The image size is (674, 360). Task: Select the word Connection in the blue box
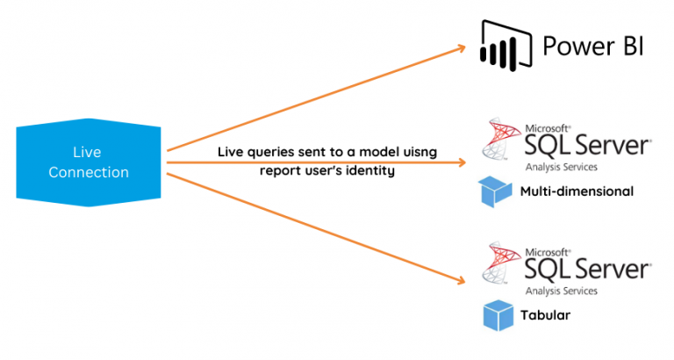click(89, 172)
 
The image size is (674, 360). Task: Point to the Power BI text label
click(592, 45)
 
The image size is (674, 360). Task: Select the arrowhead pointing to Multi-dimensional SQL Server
click(462, 162)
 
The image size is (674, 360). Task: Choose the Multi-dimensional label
click(576, 191)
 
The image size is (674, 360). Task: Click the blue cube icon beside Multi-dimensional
click(494, 191)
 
